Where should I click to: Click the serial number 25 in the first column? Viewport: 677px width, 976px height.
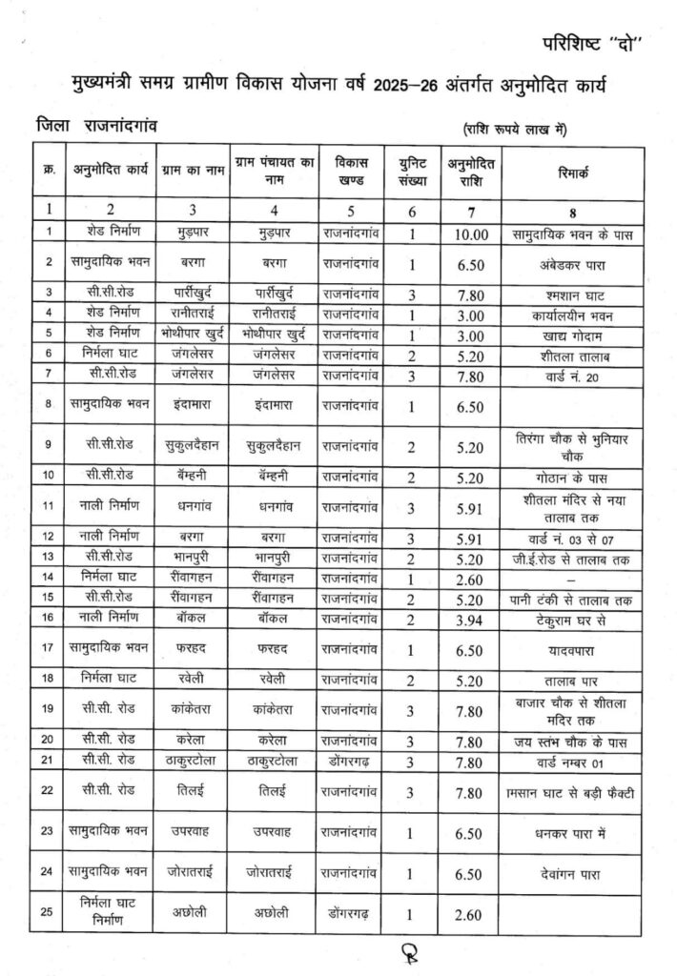(48, 915)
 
